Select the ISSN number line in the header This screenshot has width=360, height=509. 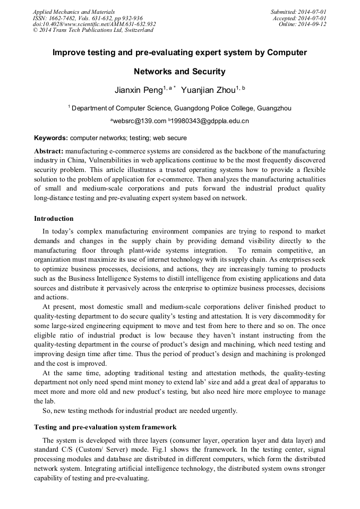point(88,18)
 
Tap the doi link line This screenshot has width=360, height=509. point(94,24)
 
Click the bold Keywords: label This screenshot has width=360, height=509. point(50,137)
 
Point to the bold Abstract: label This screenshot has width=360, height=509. point(49,151)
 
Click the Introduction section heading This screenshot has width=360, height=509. point(54,218)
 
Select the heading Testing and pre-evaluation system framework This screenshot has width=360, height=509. point(105,427)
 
